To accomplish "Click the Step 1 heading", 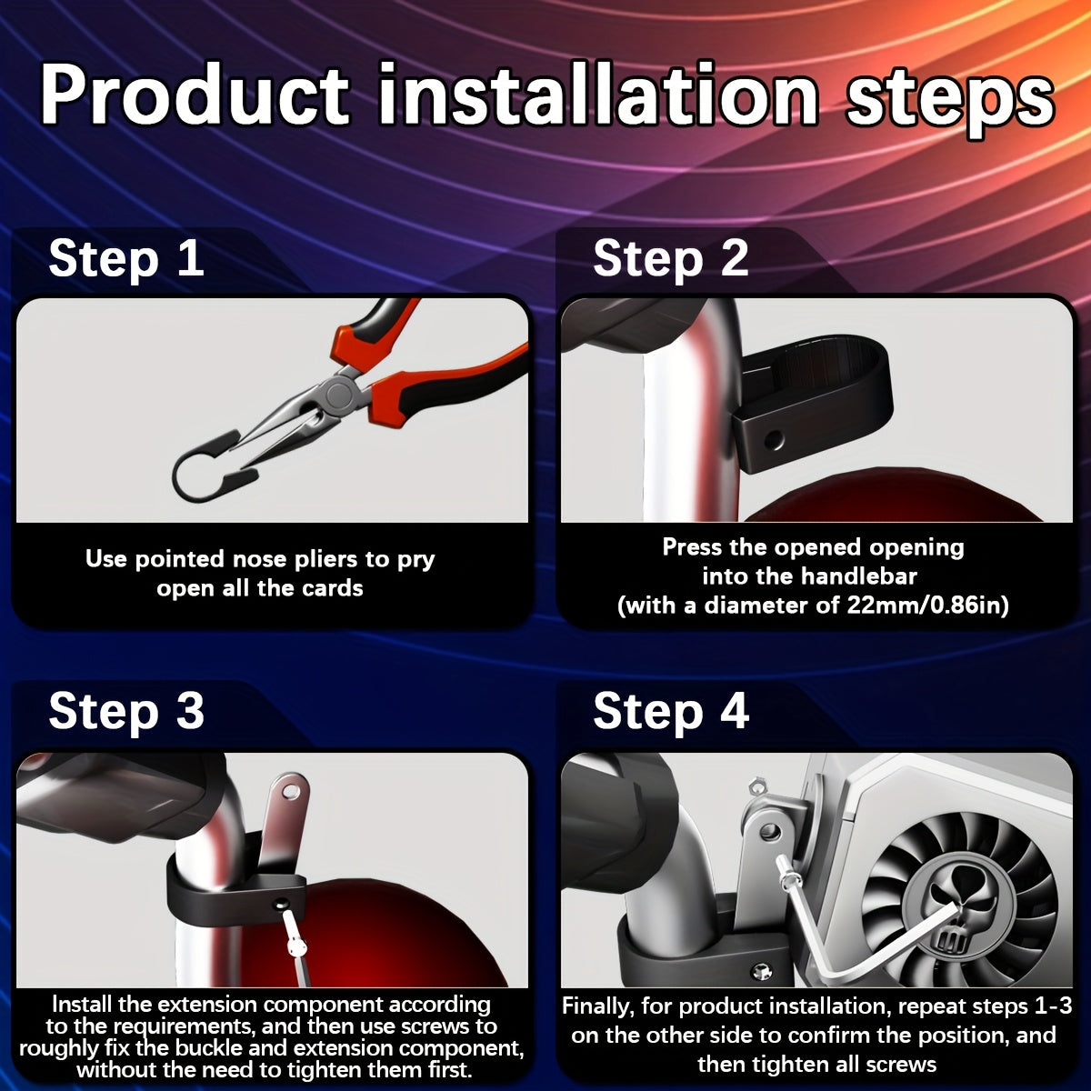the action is coord(126,259).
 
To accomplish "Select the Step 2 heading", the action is coord(671,259).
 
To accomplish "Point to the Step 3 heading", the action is coord(126,712).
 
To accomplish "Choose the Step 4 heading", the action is coord(671,712).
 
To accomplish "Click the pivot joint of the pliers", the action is coord(338,393).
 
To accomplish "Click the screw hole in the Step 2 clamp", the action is coord(774,439).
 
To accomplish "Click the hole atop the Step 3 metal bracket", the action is coord(292,788).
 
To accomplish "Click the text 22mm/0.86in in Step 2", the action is coord(928,606).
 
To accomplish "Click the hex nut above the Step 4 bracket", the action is coord(753,786).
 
